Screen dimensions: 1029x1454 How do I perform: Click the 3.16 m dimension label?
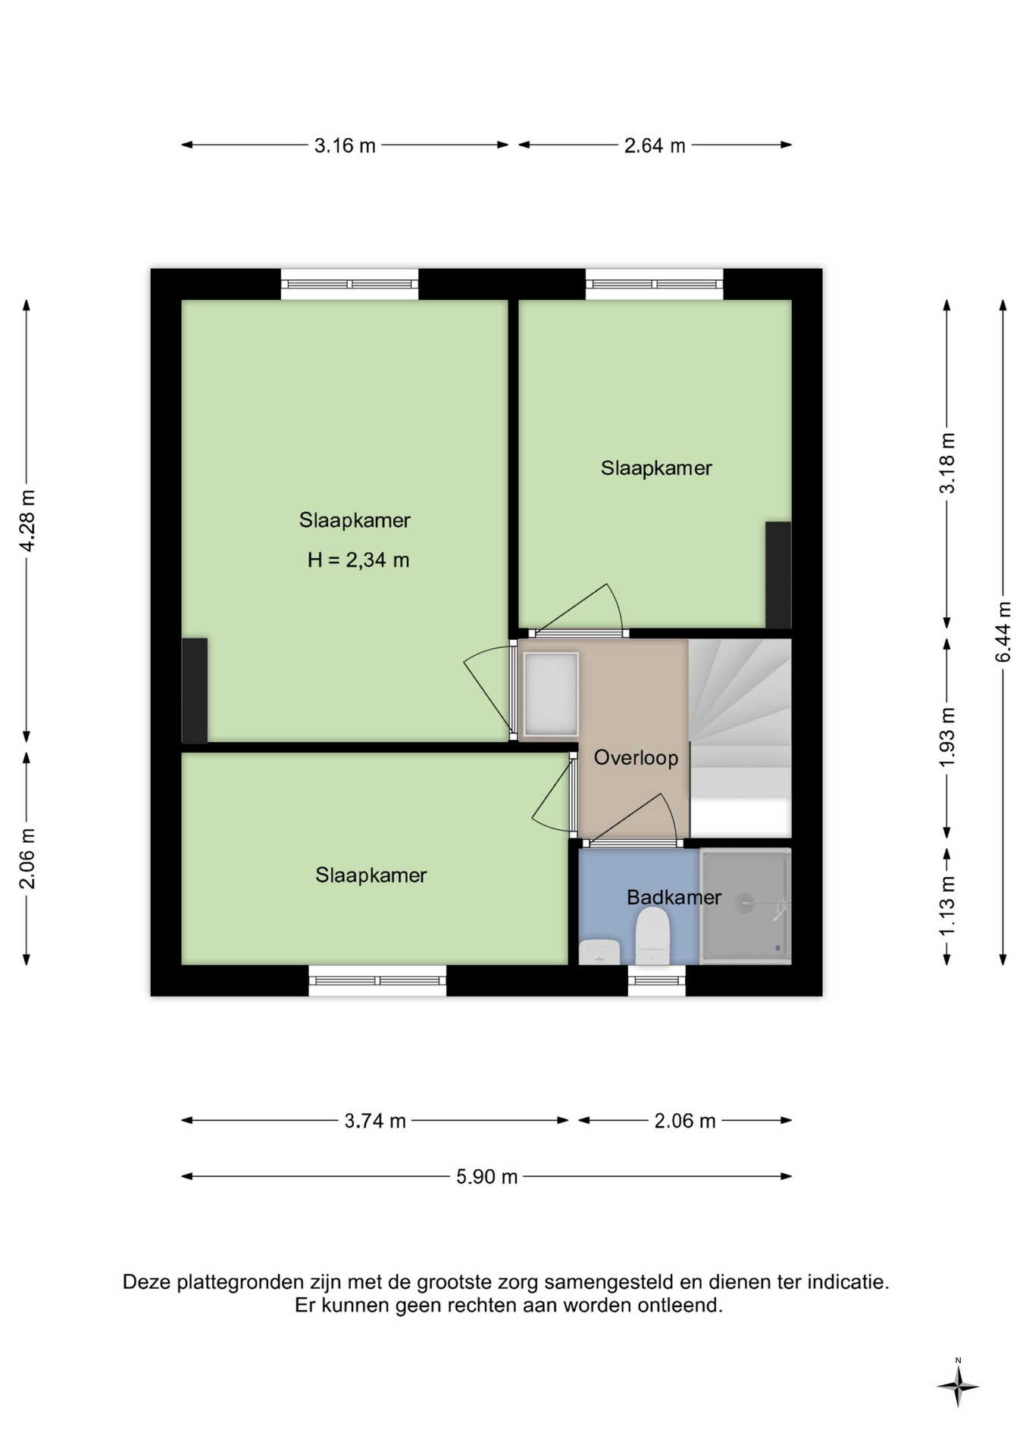(345, 145)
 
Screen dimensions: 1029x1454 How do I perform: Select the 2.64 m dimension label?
(655, 145)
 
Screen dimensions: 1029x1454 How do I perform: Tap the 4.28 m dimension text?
(27, 521)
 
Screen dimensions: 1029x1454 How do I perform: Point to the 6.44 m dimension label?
(1003, 632)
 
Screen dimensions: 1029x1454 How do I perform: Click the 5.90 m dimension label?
(486, 1177)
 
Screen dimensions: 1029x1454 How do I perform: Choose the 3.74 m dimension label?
(375, 1121)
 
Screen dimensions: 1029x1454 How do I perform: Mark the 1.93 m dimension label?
(947, 737)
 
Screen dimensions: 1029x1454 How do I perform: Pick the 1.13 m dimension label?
(947, 906)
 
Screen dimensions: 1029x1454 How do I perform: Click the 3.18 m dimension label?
(947, 463)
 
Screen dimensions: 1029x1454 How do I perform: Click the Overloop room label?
(636, 758)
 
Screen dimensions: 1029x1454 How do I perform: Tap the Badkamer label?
(674, 897)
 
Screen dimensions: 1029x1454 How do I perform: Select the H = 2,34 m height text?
(358, 560)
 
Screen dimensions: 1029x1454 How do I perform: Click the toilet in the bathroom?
(652, 936)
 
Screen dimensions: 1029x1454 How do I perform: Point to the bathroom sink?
(599, 952)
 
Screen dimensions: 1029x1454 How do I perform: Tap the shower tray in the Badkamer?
(746, 906)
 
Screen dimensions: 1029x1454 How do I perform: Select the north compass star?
(958, 1387)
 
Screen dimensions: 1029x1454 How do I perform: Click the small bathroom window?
(657, 981)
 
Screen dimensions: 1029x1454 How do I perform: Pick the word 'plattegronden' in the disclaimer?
(240, 1282)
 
